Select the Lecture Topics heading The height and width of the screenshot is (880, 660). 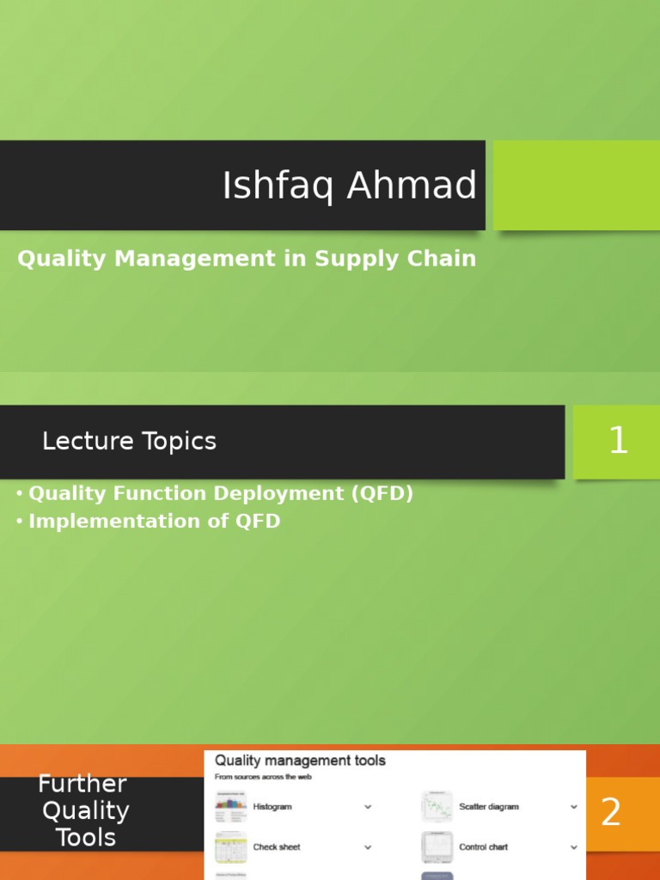[x=129, y=442]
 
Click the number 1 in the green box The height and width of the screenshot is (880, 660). [x=618, y=442]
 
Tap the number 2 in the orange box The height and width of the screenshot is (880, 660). [x=610, y=813]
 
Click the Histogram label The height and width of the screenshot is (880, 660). [x=272, y=807]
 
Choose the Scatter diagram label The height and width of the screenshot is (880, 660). [x=489, y=807]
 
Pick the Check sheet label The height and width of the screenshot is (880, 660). [x=277, y=847]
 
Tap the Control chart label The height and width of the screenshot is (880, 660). [x=483, y=847]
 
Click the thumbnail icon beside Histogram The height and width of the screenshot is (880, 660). [x=230, y=807]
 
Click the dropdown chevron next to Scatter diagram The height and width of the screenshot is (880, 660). [x=574, y=807]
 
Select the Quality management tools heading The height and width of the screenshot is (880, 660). [x=300, y=761]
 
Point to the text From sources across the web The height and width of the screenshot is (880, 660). [x=263, y=777]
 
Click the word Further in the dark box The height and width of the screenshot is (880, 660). [x=82, y=784]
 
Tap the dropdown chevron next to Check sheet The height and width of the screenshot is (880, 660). [x=368, y=847]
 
